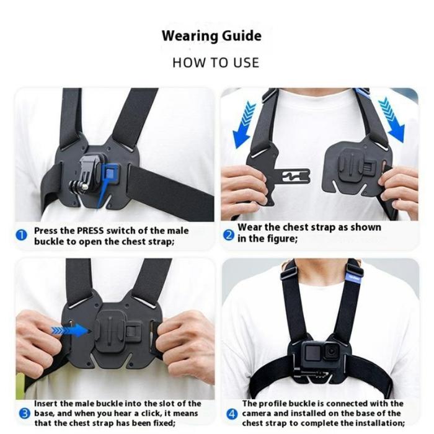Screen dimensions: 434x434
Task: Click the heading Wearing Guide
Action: (212, 36)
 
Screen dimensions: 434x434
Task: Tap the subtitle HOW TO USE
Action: (216, 63)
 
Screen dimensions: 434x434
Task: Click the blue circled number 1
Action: (21, 236)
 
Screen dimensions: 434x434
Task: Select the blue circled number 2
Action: (229, 236)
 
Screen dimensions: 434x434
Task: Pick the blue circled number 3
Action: (25, 414)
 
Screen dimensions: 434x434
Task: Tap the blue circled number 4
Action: (232, 414)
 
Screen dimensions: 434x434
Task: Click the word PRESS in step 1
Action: (91, 231)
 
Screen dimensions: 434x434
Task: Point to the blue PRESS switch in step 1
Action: (110, 174)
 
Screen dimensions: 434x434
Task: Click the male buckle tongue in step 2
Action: (294, 176)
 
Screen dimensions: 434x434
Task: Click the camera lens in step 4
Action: (331, 352)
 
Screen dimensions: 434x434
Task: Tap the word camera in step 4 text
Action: (257, 414)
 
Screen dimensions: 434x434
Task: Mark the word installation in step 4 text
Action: (380, 423)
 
